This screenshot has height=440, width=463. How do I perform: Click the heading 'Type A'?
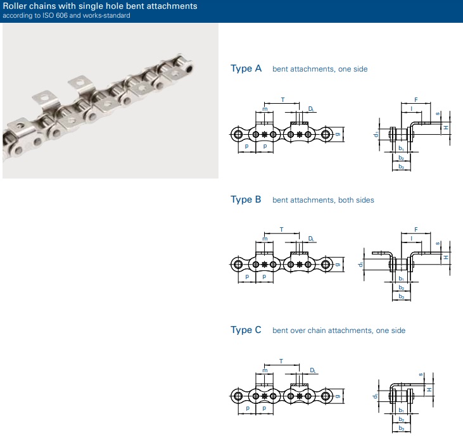(x=246, y=68)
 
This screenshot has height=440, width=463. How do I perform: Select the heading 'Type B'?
(x=246, y=199)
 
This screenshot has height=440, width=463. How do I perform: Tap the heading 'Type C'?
(x=246, y=330)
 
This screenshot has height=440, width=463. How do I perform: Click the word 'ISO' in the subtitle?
(x=48, y=15)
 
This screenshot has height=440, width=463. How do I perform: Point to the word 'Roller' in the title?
(x=15, y=6)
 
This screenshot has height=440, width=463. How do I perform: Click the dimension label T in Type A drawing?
(x=282, y=100)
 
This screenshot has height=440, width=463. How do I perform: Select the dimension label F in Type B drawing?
(x=415, y=230)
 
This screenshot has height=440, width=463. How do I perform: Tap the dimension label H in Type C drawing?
(x=429, y=389)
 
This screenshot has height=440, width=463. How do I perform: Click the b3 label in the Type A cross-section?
(x=401, y=167)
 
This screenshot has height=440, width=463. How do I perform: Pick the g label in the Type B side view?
(x=338, y=265)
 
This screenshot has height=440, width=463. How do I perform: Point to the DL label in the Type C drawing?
(x=313, y=370)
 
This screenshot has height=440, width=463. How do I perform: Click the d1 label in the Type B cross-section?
(x=360, y=265)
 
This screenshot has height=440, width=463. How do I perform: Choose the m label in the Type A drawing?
(x=265, y=109)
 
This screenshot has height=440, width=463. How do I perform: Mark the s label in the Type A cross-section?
(x=438, y=113)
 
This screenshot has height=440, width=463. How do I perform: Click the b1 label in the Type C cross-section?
(x=401, y=410)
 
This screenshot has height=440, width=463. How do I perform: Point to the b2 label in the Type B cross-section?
(x=401, y=287)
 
